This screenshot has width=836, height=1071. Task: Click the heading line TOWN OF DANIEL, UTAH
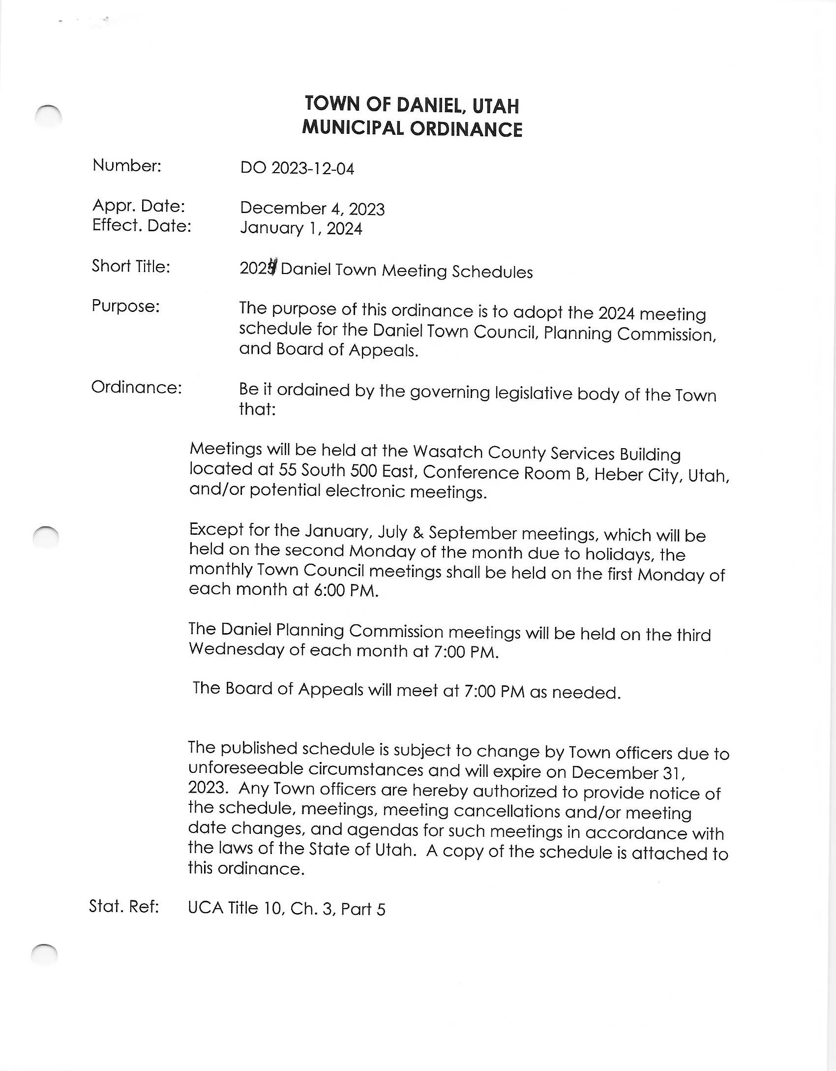pyautogui.click(x=412, y=104)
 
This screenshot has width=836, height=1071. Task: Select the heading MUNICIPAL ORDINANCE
pyautogui.click(x=412, y=128)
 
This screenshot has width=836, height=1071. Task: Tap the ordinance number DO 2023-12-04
pyautogui.click(x=297, y=168)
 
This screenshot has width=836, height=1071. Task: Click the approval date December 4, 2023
pyautogui.click(x=312, y=208)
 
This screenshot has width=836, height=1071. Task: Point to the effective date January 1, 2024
pyautogui.click(x=300, y=228)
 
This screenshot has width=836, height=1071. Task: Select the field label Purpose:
pyautogui.click(x=125, y=306)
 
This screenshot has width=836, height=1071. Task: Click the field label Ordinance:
pyautogui.click(x=136, y=387)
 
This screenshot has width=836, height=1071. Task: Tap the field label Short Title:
pyautogui.click(x=131, y=266)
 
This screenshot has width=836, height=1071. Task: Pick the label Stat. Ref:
pyautogui.click(x=124, y=906)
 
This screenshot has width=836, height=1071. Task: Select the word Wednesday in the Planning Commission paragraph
pyautogui.click(x=236, y=649)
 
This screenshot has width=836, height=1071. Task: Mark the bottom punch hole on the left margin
pyautogui.click(x=44, y=955)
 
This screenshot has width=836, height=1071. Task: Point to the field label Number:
pyautogui.click(x=126, y=165)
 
